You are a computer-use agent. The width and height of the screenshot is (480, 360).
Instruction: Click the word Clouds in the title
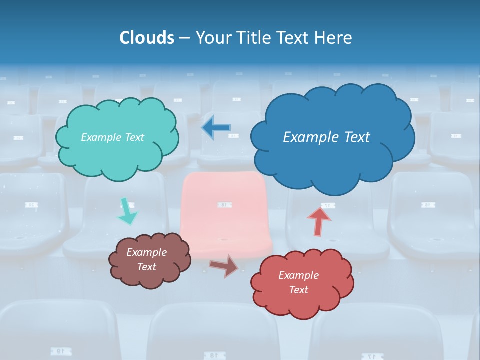click(x=146, y=38)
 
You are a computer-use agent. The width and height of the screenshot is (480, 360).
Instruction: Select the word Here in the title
click(x=334, y=38)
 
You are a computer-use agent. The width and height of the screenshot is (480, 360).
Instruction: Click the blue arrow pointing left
click(x=216, y=128)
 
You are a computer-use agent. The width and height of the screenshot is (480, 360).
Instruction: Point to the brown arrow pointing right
click(x=224, y=266)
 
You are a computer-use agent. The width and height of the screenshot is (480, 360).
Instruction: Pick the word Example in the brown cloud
click(x=147, y=252)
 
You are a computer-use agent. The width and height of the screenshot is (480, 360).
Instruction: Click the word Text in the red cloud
click(x=298, y=290)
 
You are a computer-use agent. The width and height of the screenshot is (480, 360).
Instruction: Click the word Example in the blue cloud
click(x=307, y=137)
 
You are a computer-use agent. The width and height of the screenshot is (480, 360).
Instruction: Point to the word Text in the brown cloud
click(x=147, y=267)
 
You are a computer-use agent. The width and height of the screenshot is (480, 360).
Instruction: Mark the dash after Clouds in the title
click(x=184, y=38)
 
